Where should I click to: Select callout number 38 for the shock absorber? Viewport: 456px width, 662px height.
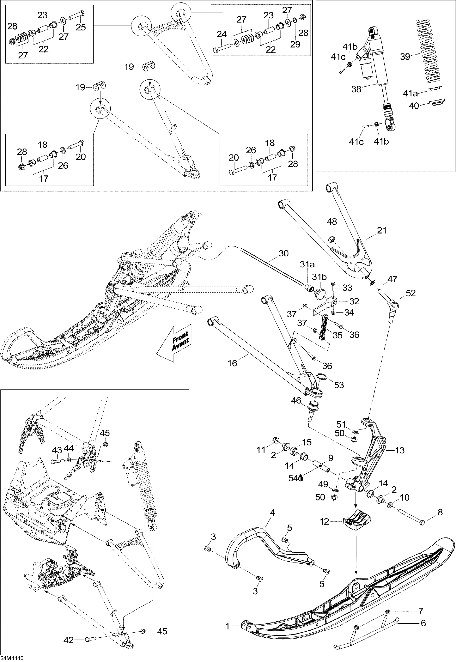pyautogui.click(x=356, y=89)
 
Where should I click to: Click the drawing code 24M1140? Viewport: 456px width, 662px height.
pyautogui.click(x=12, y=658)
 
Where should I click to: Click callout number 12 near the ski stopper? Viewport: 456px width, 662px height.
pyautogui.click(x=324, y=522)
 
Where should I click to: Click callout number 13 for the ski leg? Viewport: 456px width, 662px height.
pyautogui.click(x=399, y=450)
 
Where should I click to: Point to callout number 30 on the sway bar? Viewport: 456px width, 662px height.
pyautogui.click(x=283, y=253)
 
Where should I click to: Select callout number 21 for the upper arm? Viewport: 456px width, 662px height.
pyautogui.click(x=382, y=230)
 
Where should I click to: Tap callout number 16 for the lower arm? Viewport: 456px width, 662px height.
pyautogui.click(x=232, y=363)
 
